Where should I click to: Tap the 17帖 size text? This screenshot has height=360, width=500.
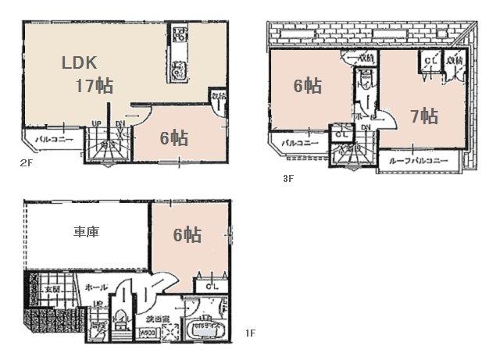pos(94,85)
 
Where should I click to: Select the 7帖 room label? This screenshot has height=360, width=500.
pos(423,116)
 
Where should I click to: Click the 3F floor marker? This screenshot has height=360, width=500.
pos(287,178)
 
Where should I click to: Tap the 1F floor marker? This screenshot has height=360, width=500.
pos(250,333)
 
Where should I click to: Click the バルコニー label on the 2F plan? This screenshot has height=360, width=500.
pos(54,140)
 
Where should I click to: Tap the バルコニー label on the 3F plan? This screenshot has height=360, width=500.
pos(301,143)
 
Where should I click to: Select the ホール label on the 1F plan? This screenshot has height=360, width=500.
pos(96,287)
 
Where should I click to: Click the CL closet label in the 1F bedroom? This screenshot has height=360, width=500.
pos(211,287)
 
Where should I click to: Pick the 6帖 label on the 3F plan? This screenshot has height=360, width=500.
pos(307,85)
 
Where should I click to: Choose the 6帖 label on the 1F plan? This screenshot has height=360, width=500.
pos(187,233)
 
